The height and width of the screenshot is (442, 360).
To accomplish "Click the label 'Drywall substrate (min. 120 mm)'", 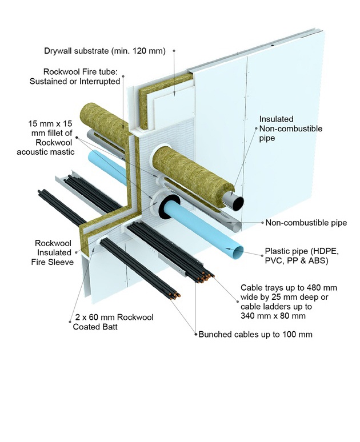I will [x=105, y=51].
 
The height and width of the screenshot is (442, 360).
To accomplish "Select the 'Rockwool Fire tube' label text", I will [x=82, y=77].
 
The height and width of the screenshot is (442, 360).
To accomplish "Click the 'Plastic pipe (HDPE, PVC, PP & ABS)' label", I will [x=300, y=256].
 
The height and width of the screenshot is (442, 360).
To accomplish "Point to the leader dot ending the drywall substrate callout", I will [x=174, y=51].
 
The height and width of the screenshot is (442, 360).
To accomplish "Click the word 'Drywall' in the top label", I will [x=59, y=51].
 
